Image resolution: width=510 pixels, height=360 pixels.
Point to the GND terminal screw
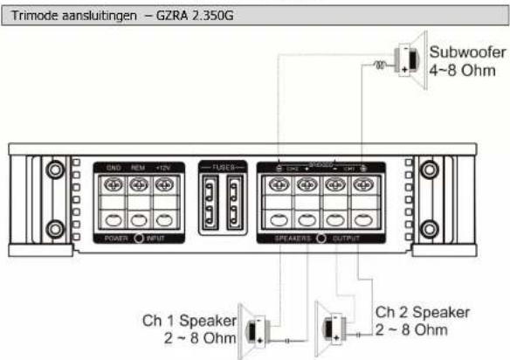point(113,185)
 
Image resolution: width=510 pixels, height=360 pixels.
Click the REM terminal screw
point(138,185)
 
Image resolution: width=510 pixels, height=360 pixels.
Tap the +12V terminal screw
point(163,185)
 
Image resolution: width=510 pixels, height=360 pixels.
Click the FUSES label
point(223,165)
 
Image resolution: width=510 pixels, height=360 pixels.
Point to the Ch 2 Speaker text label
point(423,312)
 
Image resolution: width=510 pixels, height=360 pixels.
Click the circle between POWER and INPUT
point(138,237)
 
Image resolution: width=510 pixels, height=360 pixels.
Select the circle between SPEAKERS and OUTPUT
point(322,237)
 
